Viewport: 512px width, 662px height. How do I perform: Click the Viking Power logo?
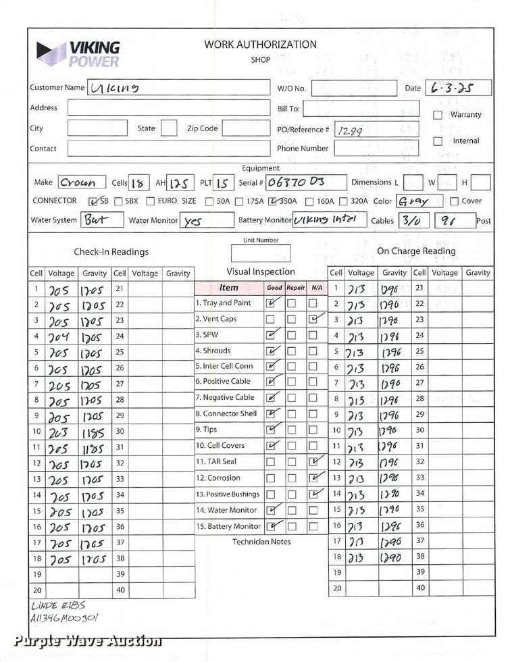78,54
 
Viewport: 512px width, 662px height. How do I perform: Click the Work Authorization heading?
260,45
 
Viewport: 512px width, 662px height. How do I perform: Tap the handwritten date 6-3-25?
448,88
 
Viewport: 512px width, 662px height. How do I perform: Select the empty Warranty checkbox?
438,115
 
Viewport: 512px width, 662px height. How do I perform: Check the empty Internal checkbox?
438,141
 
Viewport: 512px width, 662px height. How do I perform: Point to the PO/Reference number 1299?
349,131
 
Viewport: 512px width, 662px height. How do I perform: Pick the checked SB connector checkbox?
94,201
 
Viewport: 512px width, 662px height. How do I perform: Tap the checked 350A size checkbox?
273,201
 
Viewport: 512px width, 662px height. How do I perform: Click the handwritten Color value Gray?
414,201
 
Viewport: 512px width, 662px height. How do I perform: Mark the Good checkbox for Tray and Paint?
271,303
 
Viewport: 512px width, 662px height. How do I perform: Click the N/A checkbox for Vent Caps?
313,319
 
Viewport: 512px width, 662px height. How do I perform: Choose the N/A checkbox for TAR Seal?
313,462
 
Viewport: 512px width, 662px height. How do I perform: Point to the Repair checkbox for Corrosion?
292,478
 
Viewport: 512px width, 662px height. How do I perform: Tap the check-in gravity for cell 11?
93,448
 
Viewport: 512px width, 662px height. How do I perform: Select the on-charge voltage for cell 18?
356,558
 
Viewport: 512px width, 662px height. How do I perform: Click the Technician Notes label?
261,542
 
